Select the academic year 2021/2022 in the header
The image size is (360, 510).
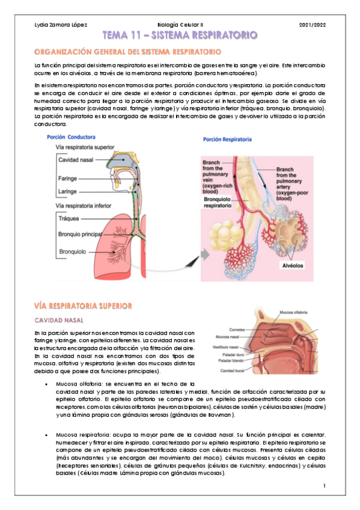click(x=311, y=25)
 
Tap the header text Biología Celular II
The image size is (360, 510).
click(x=180, y=25)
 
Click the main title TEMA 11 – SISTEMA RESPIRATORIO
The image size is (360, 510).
click(x=180, y=36)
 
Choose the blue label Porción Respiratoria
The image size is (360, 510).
click(x=228, y=140)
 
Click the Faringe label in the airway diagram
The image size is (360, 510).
click(x=67, y=179)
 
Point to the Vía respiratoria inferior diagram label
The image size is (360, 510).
click(x=84, y=206)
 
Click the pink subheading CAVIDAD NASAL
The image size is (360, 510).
click(x=58, y=320)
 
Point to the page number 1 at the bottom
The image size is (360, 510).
click(x=324, y=485)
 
